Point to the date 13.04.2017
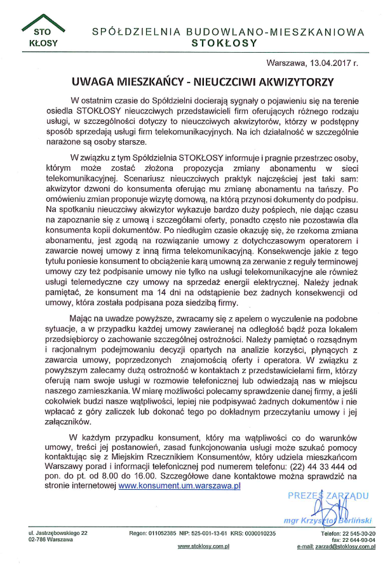(x=326, y=64)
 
